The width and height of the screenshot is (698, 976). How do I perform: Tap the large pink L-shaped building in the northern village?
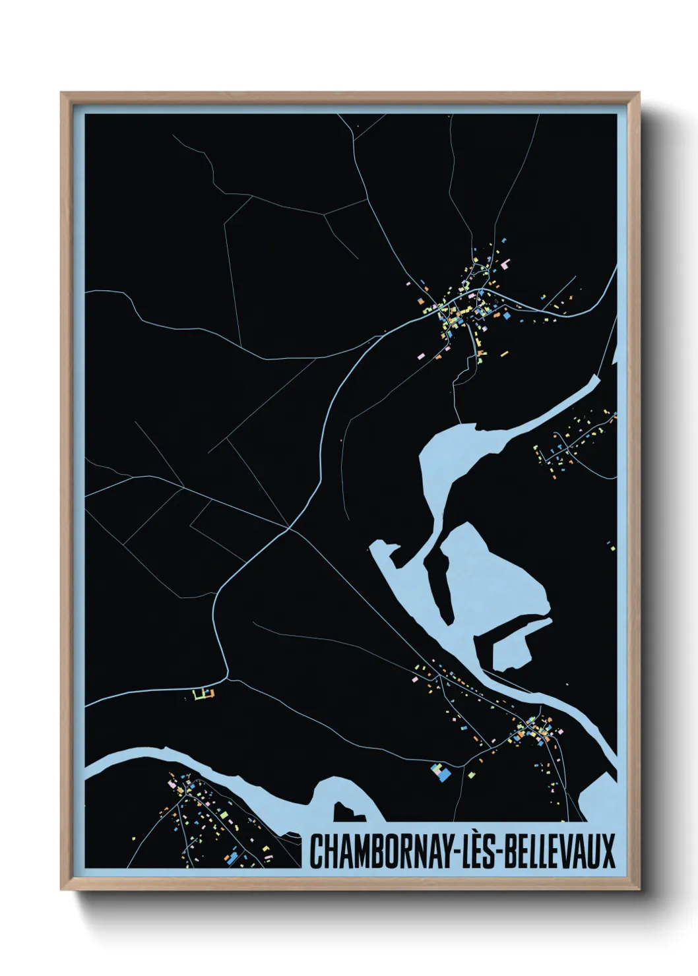507,264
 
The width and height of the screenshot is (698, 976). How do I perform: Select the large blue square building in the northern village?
507,316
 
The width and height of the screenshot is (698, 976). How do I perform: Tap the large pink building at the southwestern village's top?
176,785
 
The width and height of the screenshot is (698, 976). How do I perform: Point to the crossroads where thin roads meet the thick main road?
288,528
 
